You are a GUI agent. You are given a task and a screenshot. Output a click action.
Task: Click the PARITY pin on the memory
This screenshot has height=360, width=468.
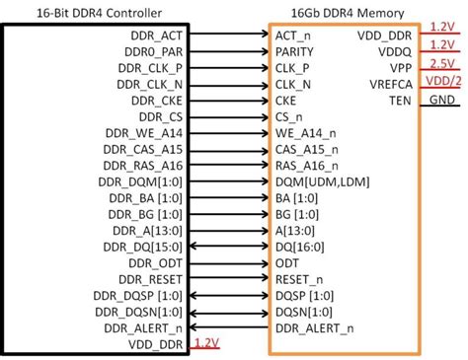296,51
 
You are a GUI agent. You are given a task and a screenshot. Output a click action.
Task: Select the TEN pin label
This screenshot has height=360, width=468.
399,102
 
